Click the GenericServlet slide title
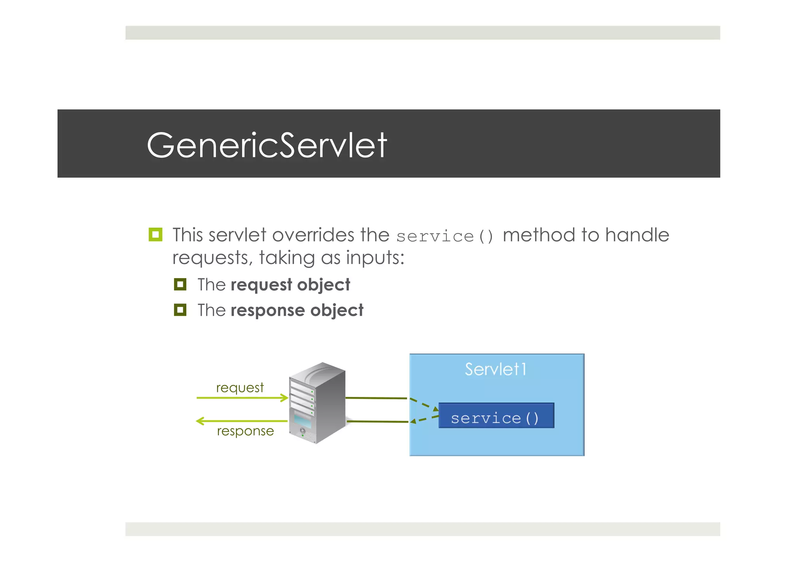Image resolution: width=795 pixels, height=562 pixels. tap(267, 145)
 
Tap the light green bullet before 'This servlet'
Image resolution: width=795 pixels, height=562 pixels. tap(155, 235)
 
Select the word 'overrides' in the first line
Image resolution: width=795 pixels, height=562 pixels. tap(313, 235)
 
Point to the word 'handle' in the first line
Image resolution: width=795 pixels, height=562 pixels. tap(637, 235)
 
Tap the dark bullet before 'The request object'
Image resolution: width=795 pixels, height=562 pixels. tap(180, 284)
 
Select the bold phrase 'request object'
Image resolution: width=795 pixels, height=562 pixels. tap(290, 285)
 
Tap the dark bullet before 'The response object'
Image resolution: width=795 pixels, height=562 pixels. tap(180, 310)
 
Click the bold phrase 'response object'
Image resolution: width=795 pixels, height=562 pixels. tap(297, 310)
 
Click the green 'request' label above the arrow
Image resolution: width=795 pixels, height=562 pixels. tap(240, 388)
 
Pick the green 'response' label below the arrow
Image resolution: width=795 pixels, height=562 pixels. tap(245, 431)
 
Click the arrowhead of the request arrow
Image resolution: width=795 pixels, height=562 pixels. tap(285, 398)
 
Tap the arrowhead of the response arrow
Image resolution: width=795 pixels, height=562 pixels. tap(200, 421)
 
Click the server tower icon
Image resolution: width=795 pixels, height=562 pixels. tap(317, 403)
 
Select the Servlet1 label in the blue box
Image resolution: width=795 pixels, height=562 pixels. tap(496, 369)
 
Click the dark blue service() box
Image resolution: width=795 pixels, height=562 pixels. tap(496, 416)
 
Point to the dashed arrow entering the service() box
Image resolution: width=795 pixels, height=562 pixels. tap(424, 404)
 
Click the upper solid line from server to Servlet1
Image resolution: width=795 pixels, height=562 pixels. tap(376, 398)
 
